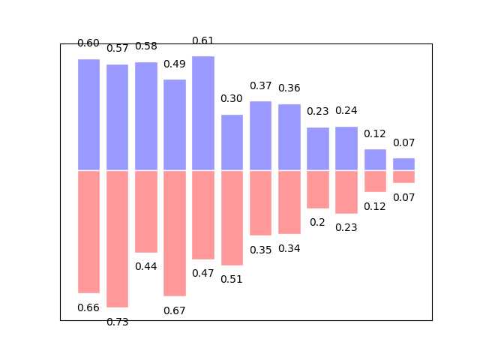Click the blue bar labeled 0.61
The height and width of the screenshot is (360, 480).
[203, 113]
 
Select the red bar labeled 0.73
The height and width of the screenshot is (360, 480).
[117, 238]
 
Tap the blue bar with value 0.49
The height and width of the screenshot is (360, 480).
[175, 124]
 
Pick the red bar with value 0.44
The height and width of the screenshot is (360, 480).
[146, 211]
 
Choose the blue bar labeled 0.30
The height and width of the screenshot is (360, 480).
[232, 142]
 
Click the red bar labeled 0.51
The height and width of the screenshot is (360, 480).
[232, 217]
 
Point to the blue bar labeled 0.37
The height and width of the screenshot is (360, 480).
[260, 136]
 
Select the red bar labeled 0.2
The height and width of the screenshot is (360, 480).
[318, 189]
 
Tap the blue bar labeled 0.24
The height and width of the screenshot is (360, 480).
[346, 148]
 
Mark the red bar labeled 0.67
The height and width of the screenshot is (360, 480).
[175, 233]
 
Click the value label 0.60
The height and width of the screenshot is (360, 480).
[88, 43]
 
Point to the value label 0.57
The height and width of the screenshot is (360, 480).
[117, 49]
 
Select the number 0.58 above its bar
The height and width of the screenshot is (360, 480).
[146, 46]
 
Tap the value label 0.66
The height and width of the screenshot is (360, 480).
[88, 307]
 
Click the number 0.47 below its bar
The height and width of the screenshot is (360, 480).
[203, 273]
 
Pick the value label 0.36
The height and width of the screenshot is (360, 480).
[289, 88]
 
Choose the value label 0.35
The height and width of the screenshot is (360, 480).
[260, 250]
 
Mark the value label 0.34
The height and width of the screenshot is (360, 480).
[289, 248]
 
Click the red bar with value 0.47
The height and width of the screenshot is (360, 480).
[203, 214]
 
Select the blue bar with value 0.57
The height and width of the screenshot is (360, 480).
[117, 118]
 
